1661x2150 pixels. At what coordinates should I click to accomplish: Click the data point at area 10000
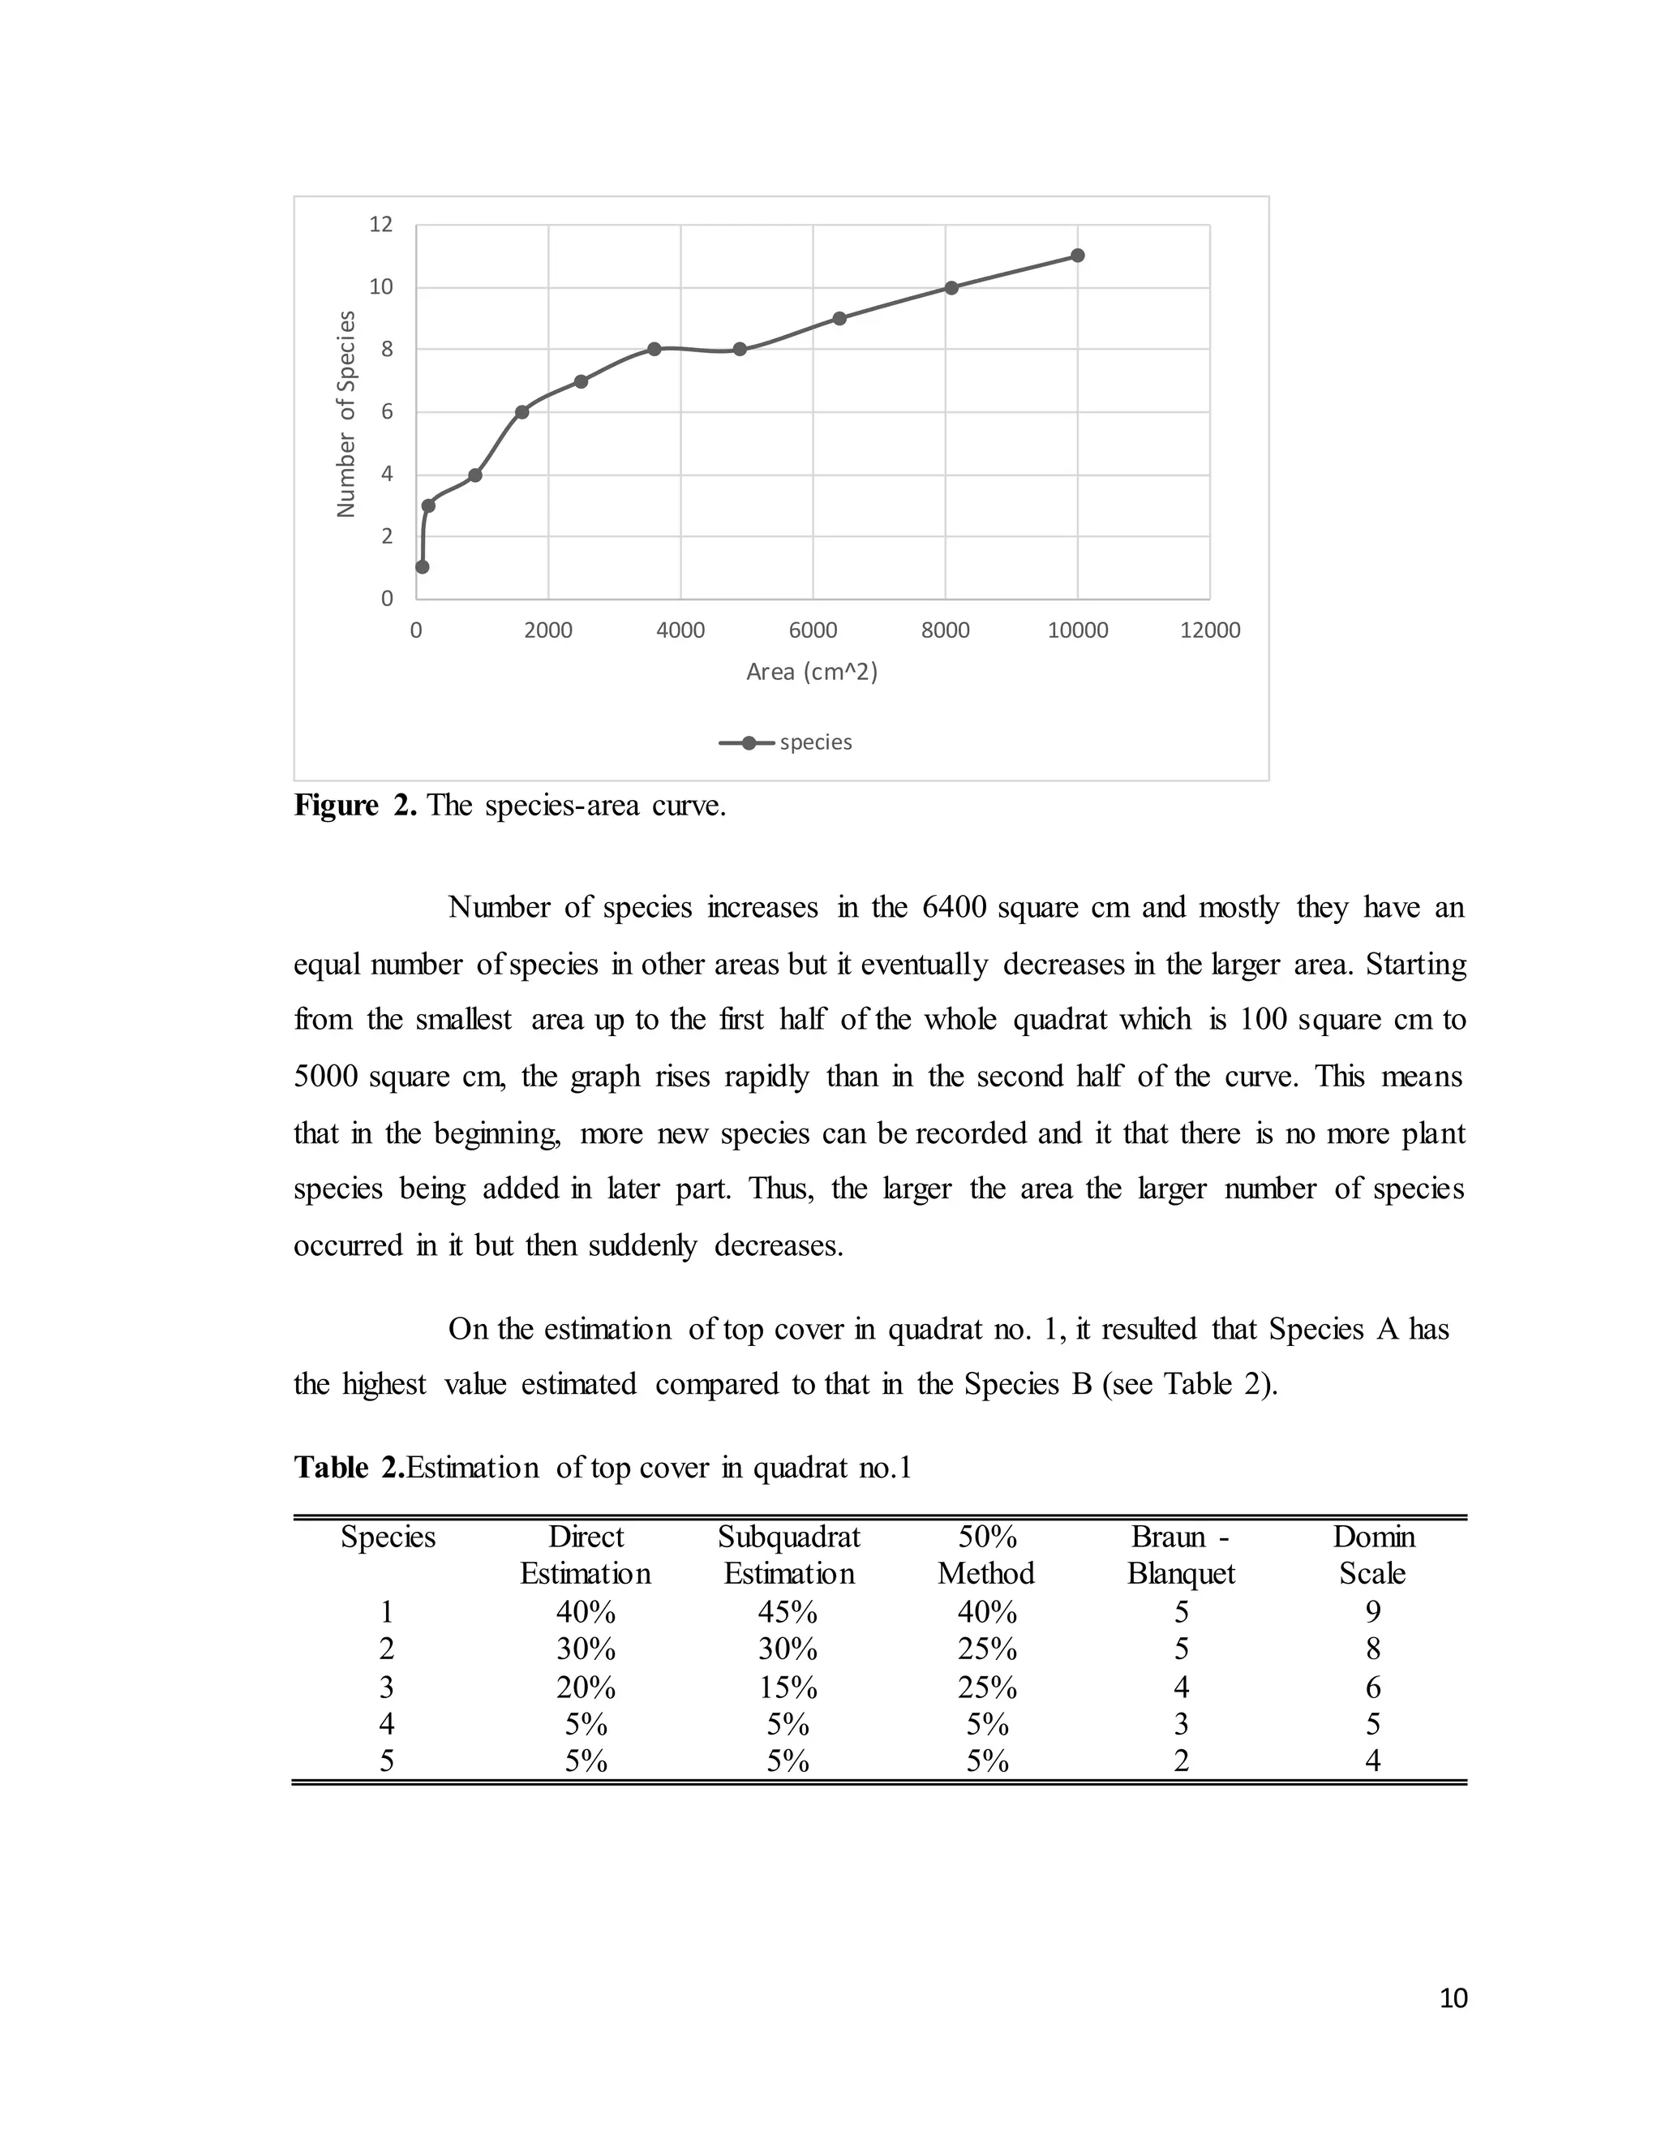[1078, 255]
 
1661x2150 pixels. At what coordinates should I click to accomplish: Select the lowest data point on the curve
[422, 567]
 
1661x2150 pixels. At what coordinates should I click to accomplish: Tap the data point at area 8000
[951, 287]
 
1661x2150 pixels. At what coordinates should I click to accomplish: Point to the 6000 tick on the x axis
[813, 630]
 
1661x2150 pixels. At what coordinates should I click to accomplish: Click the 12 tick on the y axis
[381, 225]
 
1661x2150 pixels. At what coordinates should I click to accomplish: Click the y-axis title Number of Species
[346, 414]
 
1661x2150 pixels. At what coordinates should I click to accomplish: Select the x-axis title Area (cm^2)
[812, 672]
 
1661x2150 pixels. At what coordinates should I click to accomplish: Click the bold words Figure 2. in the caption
[355, 806]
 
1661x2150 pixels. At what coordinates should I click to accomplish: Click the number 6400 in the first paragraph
[954, 907]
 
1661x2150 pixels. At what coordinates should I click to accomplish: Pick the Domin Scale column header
[1373, 1554]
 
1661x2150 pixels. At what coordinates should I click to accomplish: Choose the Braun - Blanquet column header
[1181, 1554]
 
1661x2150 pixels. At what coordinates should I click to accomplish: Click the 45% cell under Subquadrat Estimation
[788, 1611]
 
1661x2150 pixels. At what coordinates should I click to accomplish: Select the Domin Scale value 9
[1373, 1611]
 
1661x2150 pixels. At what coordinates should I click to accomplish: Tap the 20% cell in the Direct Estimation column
[586, 1688]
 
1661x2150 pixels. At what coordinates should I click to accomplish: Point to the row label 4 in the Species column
[387, 1724]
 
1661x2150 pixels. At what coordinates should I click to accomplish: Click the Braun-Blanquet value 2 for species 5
[1181, 1761]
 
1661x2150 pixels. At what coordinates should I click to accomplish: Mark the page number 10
[1453, 1997]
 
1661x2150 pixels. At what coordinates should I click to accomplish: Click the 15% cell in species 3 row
[788, 1688]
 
